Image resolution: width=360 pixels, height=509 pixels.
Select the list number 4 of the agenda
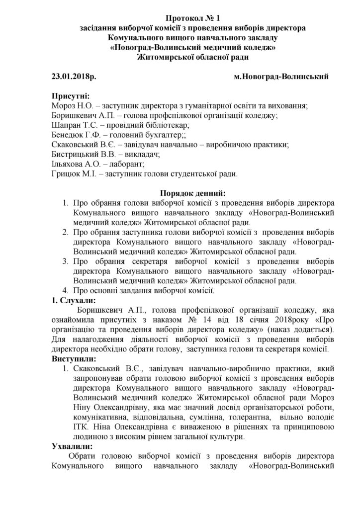(66, 290)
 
